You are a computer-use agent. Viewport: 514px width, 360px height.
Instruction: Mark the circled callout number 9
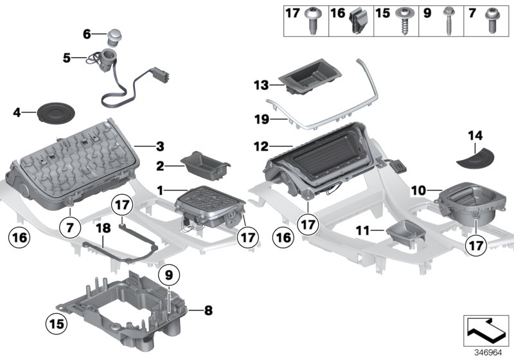tap(168, 275)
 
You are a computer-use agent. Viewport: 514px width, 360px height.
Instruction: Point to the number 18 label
tap(103, 228)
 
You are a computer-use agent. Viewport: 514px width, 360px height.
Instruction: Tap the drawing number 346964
tap(488, 352)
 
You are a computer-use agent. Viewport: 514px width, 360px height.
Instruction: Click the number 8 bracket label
tap(208, 310)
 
